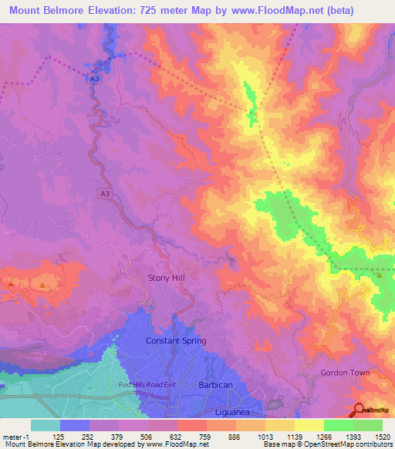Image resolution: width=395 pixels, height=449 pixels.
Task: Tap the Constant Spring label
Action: [x=176, y=340]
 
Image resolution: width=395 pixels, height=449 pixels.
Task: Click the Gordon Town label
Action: [x=345, y=373]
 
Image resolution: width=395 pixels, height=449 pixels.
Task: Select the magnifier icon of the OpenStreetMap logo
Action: [x=359, y=409]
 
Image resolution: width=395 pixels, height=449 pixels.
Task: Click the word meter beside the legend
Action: [x=14, y=437]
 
